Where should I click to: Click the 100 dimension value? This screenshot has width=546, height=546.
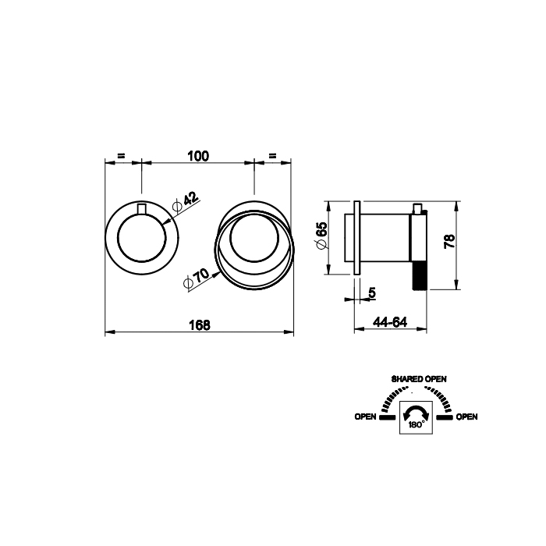coord(198,156)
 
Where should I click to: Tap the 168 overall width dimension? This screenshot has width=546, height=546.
coord(200,325)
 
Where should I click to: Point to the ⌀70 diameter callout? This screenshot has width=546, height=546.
coord(197,278)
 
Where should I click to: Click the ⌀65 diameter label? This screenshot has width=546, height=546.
coord(321,236)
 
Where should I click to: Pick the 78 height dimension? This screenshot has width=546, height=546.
coord(449,241)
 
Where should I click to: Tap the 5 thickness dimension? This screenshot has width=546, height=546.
coord(372,292)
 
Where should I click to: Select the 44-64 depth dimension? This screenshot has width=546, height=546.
coord(390,322)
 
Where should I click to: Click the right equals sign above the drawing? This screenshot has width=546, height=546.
coord(273,156)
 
